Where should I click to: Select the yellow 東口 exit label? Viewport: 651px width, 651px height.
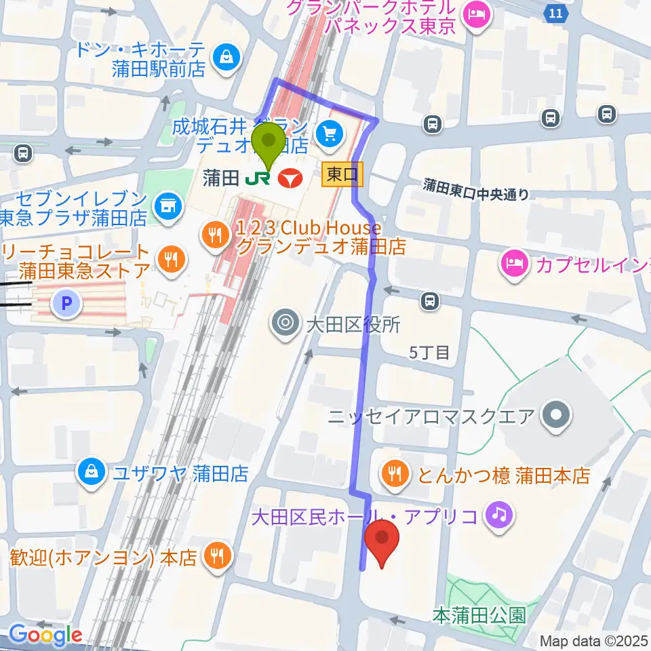342,175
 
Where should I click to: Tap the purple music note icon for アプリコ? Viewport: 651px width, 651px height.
498,517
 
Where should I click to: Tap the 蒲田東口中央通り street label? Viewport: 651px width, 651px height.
476,189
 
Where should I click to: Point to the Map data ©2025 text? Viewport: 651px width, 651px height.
594,640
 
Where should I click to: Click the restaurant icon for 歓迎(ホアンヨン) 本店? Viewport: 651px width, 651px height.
218,557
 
